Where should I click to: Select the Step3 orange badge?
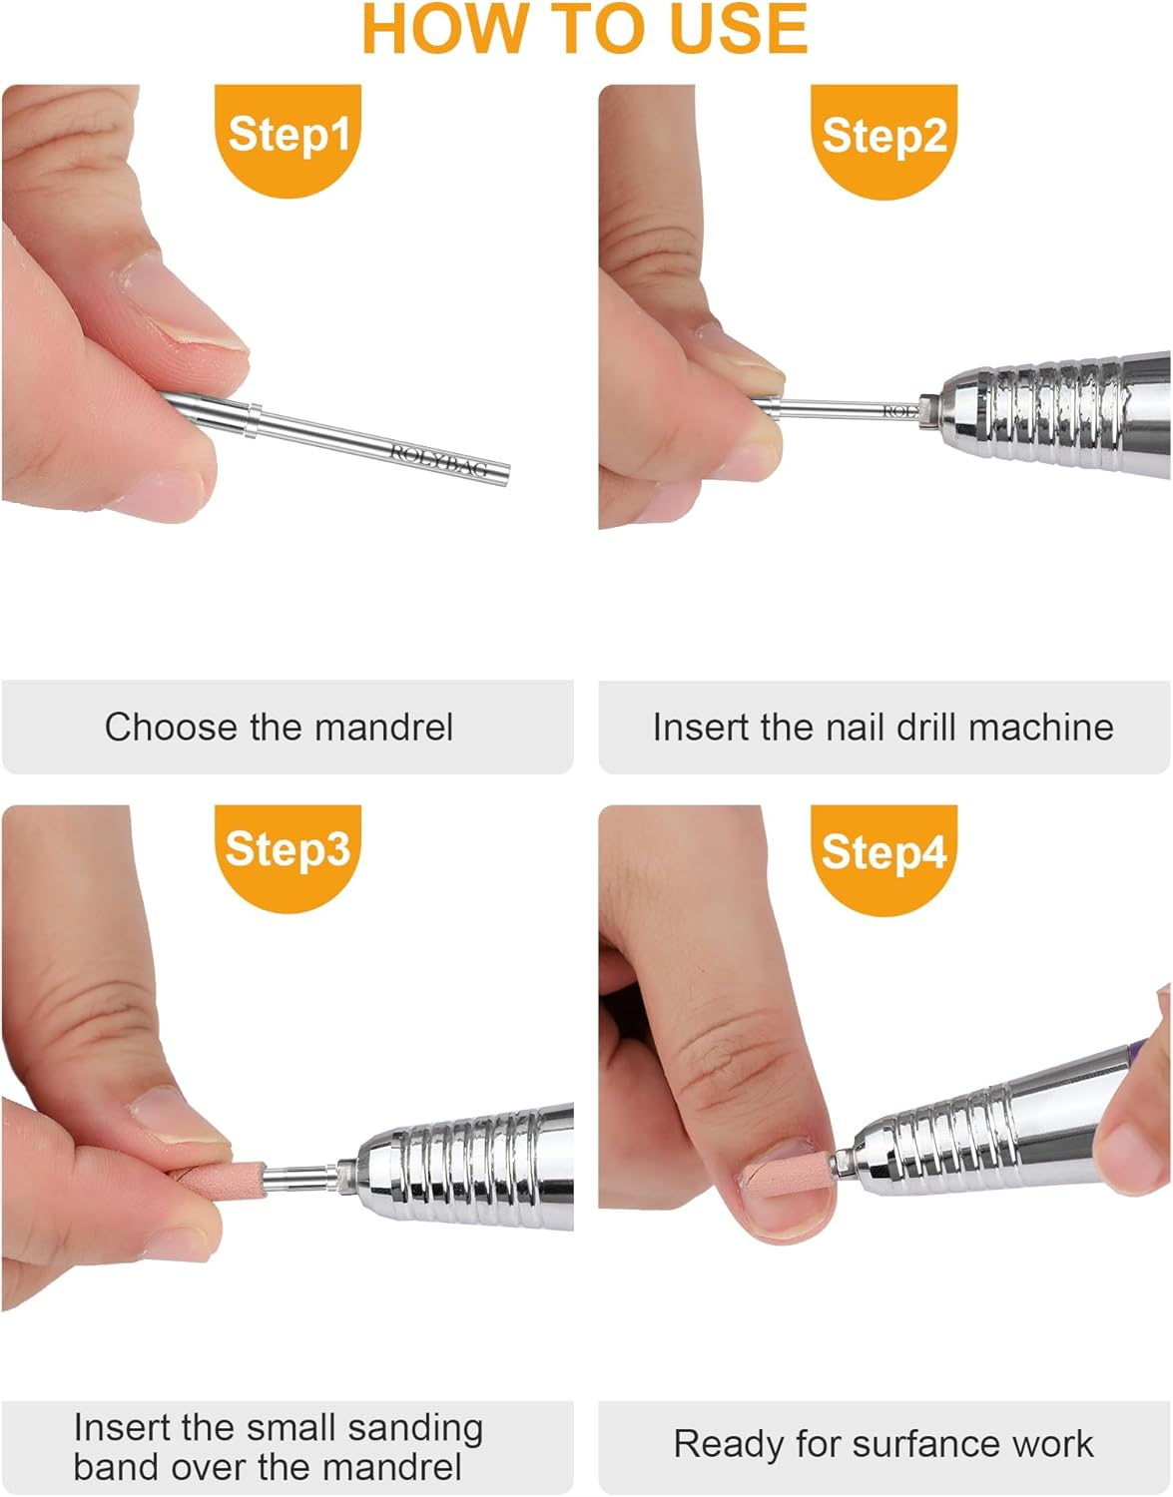pos(288,851)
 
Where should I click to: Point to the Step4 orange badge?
pos(883,853)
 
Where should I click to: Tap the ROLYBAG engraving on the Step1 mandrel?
pos(439,460)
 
